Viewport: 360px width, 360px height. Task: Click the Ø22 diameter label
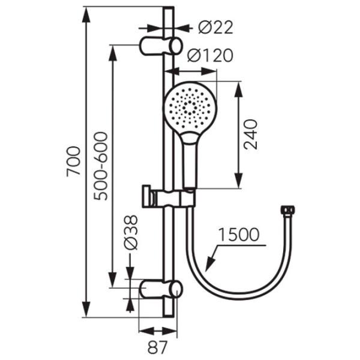tap(215, 28)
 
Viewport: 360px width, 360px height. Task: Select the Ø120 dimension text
tap(211, 55)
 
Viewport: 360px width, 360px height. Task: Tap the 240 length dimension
tap(250, 134)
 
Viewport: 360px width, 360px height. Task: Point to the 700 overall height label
tap(73, 161)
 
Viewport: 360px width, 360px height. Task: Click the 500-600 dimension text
tap(101, 166)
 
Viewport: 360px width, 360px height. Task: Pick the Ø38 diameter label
tap(130, 232)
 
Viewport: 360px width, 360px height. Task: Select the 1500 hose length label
tap(239, 235)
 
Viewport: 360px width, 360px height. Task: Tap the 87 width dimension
tap(157, 347)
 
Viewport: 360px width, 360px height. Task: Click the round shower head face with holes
tap(190, 107)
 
